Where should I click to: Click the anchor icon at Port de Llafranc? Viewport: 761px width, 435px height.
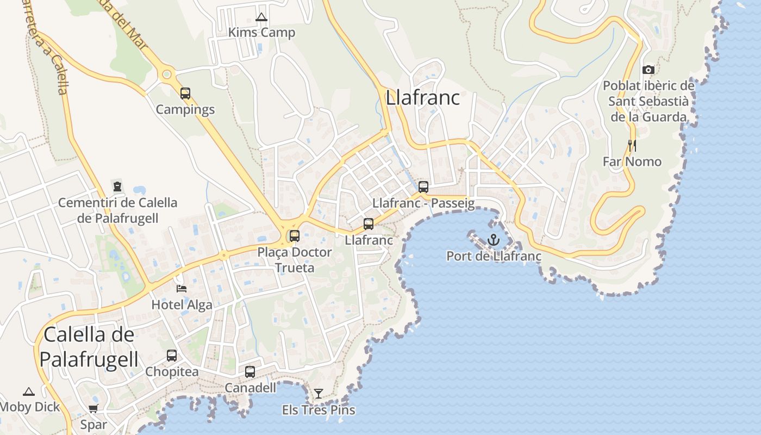[494, 239]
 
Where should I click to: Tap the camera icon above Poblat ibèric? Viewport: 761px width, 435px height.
[648, 70]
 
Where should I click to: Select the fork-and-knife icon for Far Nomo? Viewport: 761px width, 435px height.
[632, 145]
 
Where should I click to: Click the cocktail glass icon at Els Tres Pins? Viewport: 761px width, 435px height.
[319, 393]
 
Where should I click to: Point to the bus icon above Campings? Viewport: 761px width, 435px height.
[185, 94]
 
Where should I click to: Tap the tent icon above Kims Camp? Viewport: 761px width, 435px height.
[261, 17]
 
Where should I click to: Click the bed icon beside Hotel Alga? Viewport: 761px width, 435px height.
[182, 288]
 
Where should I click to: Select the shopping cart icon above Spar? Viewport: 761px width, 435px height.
[93, 409]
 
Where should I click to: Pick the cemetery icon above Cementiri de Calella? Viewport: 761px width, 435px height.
[117, 187]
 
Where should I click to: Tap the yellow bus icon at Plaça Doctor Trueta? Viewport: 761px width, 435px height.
[295, 236]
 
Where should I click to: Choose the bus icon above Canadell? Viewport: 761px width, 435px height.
[250, 372]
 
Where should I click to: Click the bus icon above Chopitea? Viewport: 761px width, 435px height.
[172, 356]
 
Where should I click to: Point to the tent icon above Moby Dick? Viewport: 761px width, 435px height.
[28, 391]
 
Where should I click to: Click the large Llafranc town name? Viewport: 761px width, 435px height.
[422, 98]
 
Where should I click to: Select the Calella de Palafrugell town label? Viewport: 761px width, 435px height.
[89, 347]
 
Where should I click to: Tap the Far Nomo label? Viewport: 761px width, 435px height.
[632, 161]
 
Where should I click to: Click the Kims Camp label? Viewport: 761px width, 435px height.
[261, 33]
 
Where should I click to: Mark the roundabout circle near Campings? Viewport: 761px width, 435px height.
[167, 74]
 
